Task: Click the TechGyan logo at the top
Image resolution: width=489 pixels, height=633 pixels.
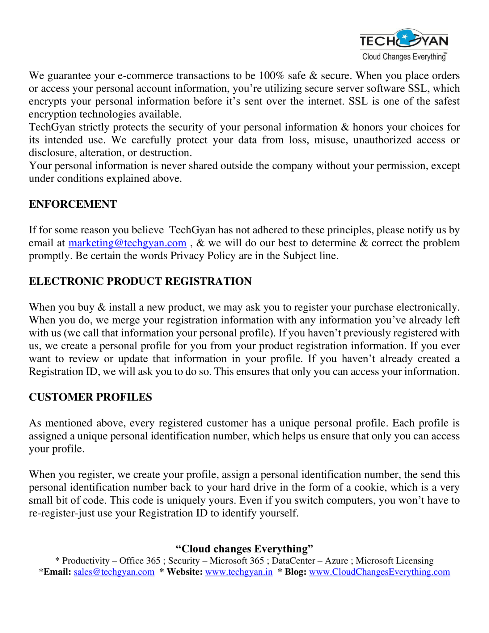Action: (403, 40)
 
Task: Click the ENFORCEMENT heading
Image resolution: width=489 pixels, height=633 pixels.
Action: (73, 204)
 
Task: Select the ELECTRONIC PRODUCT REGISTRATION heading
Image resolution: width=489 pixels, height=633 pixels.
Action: (140, 281)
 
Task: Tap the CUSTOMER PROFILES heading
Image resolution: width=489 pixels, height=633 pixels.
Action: (91, 397)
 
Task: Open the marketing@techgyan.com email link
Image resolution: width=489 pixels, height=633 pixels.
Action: (127, 243)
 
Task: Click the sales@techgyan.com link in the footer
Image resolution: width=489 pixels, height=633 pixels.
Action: (114, 572)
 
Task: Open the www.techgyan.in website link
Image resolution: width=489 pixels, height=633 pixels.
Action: (239, 572)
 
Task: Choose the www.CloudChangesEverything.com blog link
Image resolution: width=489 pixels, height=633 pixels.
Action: (379, 572)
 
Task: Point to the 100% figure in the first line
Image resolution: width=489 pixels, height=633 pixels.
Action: (272, 76)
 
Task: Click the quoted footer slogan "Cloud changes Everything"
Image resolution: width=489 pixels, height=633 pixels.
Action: (244, 549)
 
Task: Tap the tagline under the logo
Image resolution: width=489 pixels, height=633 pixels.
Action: (404, 57)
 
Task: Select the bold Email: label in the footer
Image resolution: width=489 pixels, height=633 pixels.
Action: (57, 572)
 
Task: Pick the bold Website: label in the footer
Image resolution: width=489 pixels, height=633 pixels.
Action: (184, 572)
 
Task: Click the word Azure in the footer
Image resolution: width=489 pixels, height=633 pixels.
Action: (336, 561)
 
